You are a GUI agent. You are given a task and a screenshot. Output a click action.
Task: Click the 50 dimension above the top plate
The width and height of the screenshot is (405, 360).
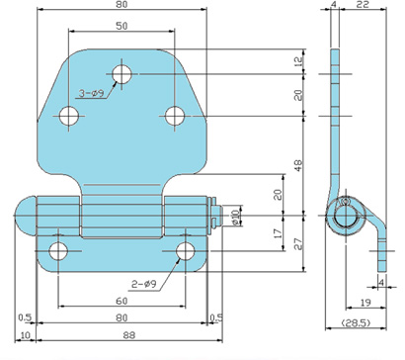pos(121,26)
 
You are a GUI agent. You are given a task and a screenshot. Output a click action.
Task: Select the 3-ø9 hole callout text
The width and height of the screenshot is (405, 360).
pos(91,94)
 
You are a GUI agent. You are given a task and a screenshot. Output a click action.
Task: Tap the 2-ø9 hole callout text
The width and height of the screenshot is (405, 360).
pos(144,284)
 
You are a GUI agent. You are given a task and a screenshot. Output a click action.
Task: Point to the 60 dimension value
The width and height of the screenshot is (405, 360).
pos(121,301)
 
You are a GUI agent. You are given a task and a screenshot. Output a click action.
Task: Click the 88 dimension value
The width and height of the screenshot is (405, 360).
pos(129,335)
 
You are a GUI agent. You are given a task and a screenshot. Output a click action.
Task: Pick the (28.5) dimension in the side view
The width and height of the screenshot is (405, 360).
pos(356,322)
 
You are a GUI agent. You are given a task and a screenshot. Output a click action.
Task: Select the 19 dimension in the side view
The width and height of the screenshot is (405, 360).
pos(365,303)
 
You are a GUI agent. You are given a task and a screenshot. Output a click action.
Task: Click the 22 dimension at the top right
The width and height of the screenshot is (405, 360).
pos(363,5)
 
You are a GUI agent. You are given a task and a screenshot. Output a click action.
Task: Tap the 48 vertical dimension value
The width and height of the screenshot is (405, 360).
pos(298,165)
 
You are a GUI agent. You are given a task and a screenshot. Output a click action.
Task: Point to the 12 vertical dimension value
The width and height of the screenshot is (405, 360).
pos(298,61)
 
